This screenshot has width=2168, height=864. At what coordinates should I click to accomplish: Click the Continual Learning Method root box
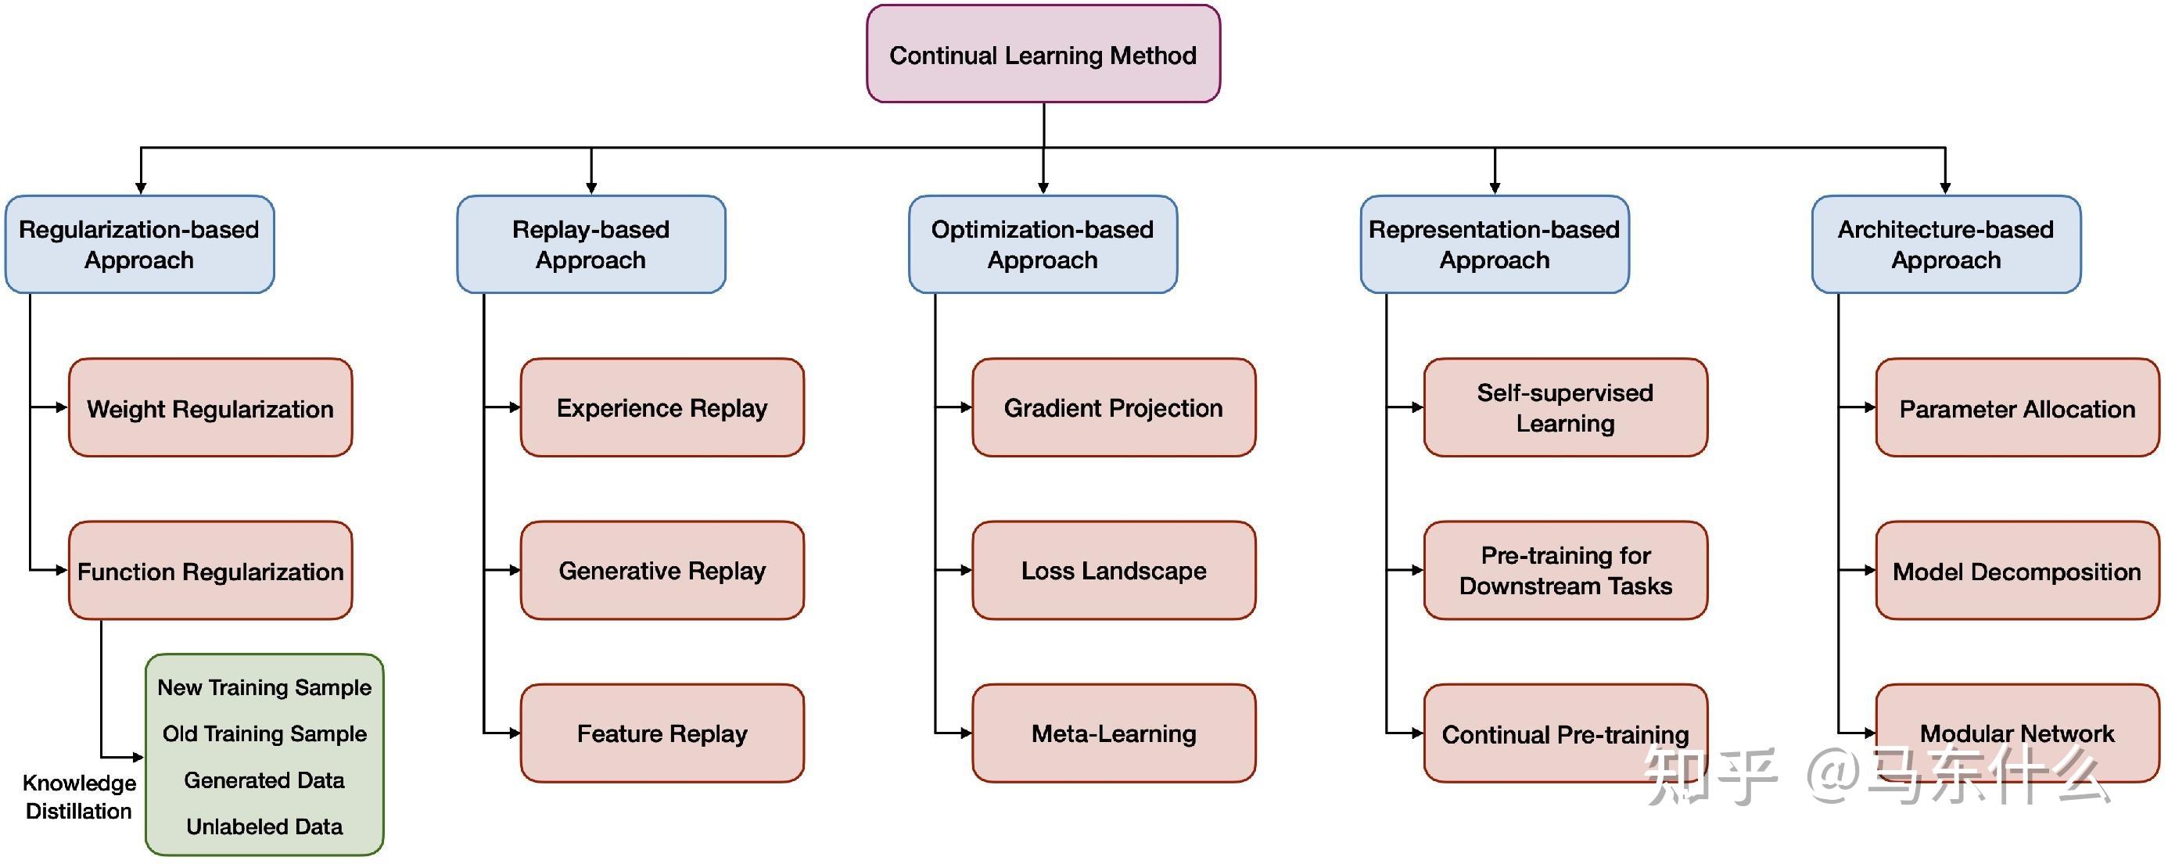click(1043, 55)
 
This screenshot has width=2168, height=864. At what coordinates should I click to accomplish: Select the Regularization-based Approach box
click(140, 245)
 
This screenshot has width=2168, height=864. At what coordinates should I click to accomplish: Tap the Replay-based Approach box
click(590, 245)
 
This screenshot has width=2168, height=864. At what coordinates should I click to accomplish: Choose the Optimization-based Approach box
click(1043, 245)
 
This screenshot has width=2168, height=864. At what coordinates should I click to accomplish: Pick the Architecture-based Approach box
click(1946, 245)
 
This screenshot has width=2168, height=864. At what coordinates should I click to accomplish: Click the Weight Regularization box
click(210, 408)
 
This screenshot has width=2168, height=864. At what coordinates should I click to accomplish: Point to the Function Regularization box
click(210, 572)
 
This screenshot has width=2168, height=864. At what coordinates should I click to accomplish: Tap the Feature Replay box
click(662, 733)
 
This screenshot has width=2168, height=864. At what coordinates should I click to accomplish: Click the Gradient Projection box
click(1114, 408)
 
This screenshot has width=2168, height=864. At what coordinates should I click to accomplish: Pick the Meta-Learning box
click(1114, 733)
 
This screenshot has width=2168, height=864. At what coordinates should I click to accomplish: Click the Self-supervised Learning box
click(1566, 408)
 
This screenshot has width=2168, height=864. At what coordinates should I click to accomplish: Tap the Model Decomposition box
click(2016, 572)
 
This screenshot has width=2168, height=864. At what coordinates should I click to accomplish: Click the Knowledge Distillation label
click(79, 797)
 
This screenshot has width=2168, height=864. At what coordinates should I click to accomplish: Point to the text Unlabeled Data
click(264, 827)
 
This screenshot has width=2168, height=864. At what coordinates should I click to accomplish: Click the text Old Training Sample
click(264, 733)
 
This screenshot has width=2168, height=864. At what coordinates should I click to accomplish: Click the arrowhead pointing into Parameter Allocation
click(1869, 408)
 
